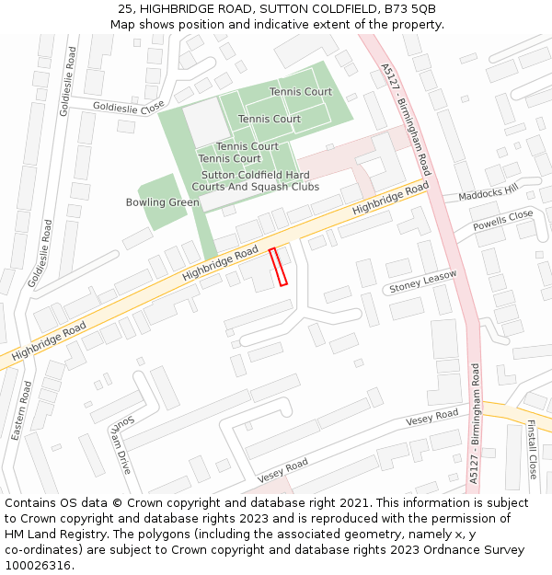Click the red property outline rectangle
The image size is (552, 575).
click(278, 267)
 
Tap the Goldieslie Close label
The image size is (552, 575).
click(128, 107)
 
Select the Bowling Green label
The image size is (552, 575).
click(163, 202)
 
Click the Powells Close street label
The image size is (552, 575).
click(503, 221)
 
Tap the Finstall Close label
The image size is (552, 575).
click(532, 449)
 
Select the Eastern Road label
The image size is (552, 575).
click(21, 411)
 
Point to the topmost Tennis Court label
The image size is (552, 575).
click(301, 92)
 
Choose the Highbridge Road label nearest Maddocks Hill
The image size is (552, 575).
click(391, 200)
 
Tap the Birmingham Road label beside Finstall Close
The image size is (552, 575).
click(474, 423)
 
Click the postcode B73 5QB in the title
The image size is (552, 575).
click(407, 9)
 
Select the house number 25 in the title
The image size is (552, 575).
click(125, 9)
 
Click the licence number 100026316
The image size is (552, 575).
click(39, 566)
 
